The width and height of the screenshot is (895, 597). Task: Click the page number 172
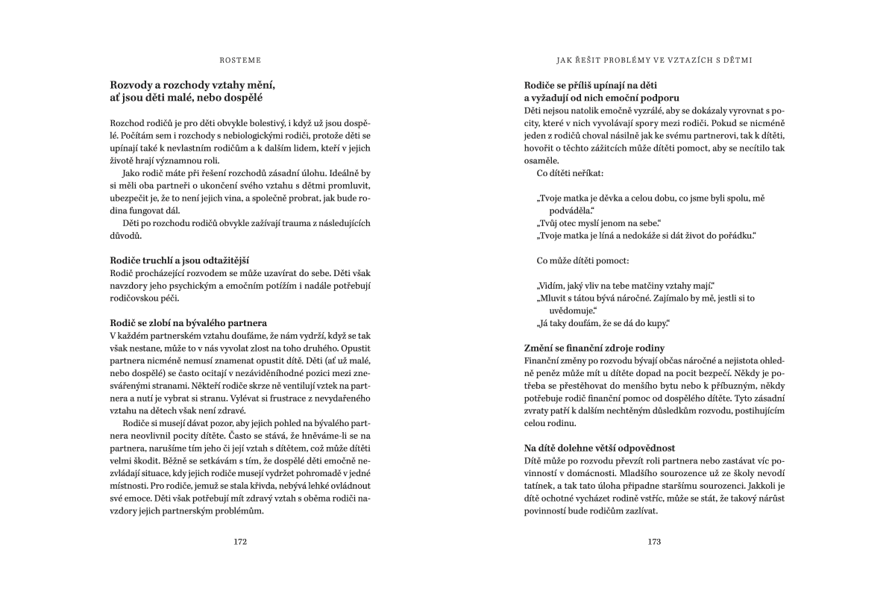(x=240, y=542)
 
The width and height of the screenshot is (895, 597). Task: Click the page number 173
(x=654, y=542)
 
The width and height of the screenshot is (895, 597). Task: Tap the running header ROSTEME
(x=240, y=59)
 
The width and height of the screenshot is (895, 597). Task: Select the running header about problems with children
(x=654, y=59)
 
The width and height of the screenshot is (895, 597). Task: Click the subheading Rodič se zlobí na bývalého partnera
(x=188, y=322)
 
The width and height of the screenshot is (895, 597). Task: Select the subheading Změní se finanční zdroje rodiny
(x=594, y=348)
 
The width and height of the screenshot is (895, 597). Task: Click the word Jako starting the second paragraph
(x=132, y=172)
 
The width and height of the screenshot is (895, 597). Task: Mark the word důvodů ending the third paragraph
(x=125, y=235)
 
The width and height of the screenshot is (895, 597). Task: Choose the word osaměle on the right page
(x=543, y=160)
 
